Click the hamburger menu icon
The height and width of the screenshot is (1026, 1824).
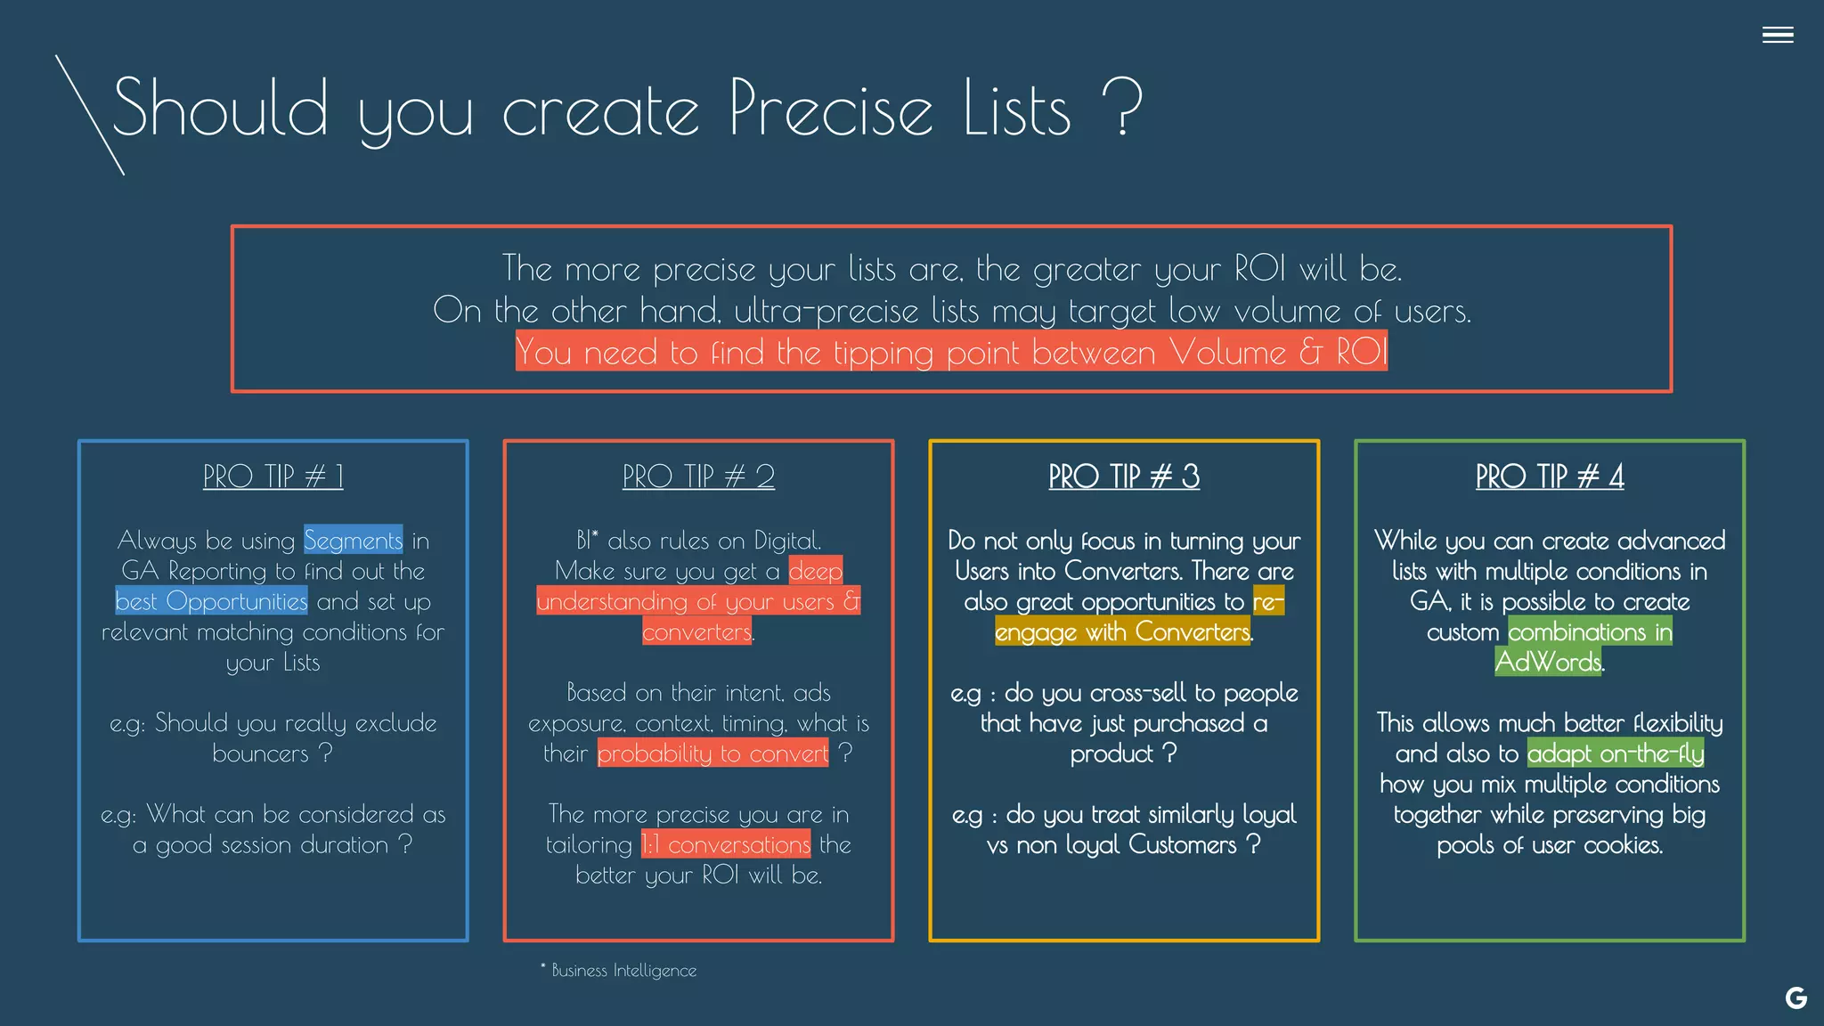pos(1777,35)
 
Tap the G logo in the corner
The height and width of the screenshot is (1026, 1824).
pos(1795,998)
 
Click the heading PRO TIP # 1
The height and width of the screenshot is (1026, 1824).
pos(273,476)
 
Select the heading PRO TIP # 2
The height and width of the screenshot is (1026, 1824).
pos(698,476)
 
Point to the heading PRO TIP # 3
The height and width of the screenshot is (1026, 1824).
pos(1124,476)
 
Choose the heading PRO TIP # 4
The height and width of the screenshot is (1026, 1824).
pos(1550,476)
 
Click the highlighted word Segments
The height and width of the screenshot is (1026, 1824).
pos(353,541)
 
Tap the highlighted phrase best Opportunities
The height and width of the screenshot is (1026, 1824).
pos(212,601)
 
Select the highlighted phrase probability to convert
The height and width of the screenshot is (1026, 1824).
pos(712,753)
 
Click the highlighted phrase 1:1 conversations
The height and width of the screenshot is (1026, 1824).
pos(726,844)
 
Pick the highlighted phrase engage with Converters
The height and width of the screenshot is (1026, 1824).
pos(1122,632)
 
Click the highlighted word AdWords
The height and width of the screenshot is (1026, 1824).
pos(1548,663)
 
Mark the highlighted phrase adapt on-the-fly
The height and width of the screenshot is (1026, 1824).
pos(1615,753)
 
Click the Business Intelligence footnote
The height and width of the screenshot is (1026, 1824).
pos(623,971)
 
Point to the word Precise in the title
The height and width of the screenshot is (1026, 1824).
pos(830,109)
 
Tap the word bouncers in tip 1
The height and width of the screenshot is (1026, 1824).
pos(260,753)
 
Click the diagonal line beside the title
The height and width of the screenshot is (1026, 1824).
pos(89,114)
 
